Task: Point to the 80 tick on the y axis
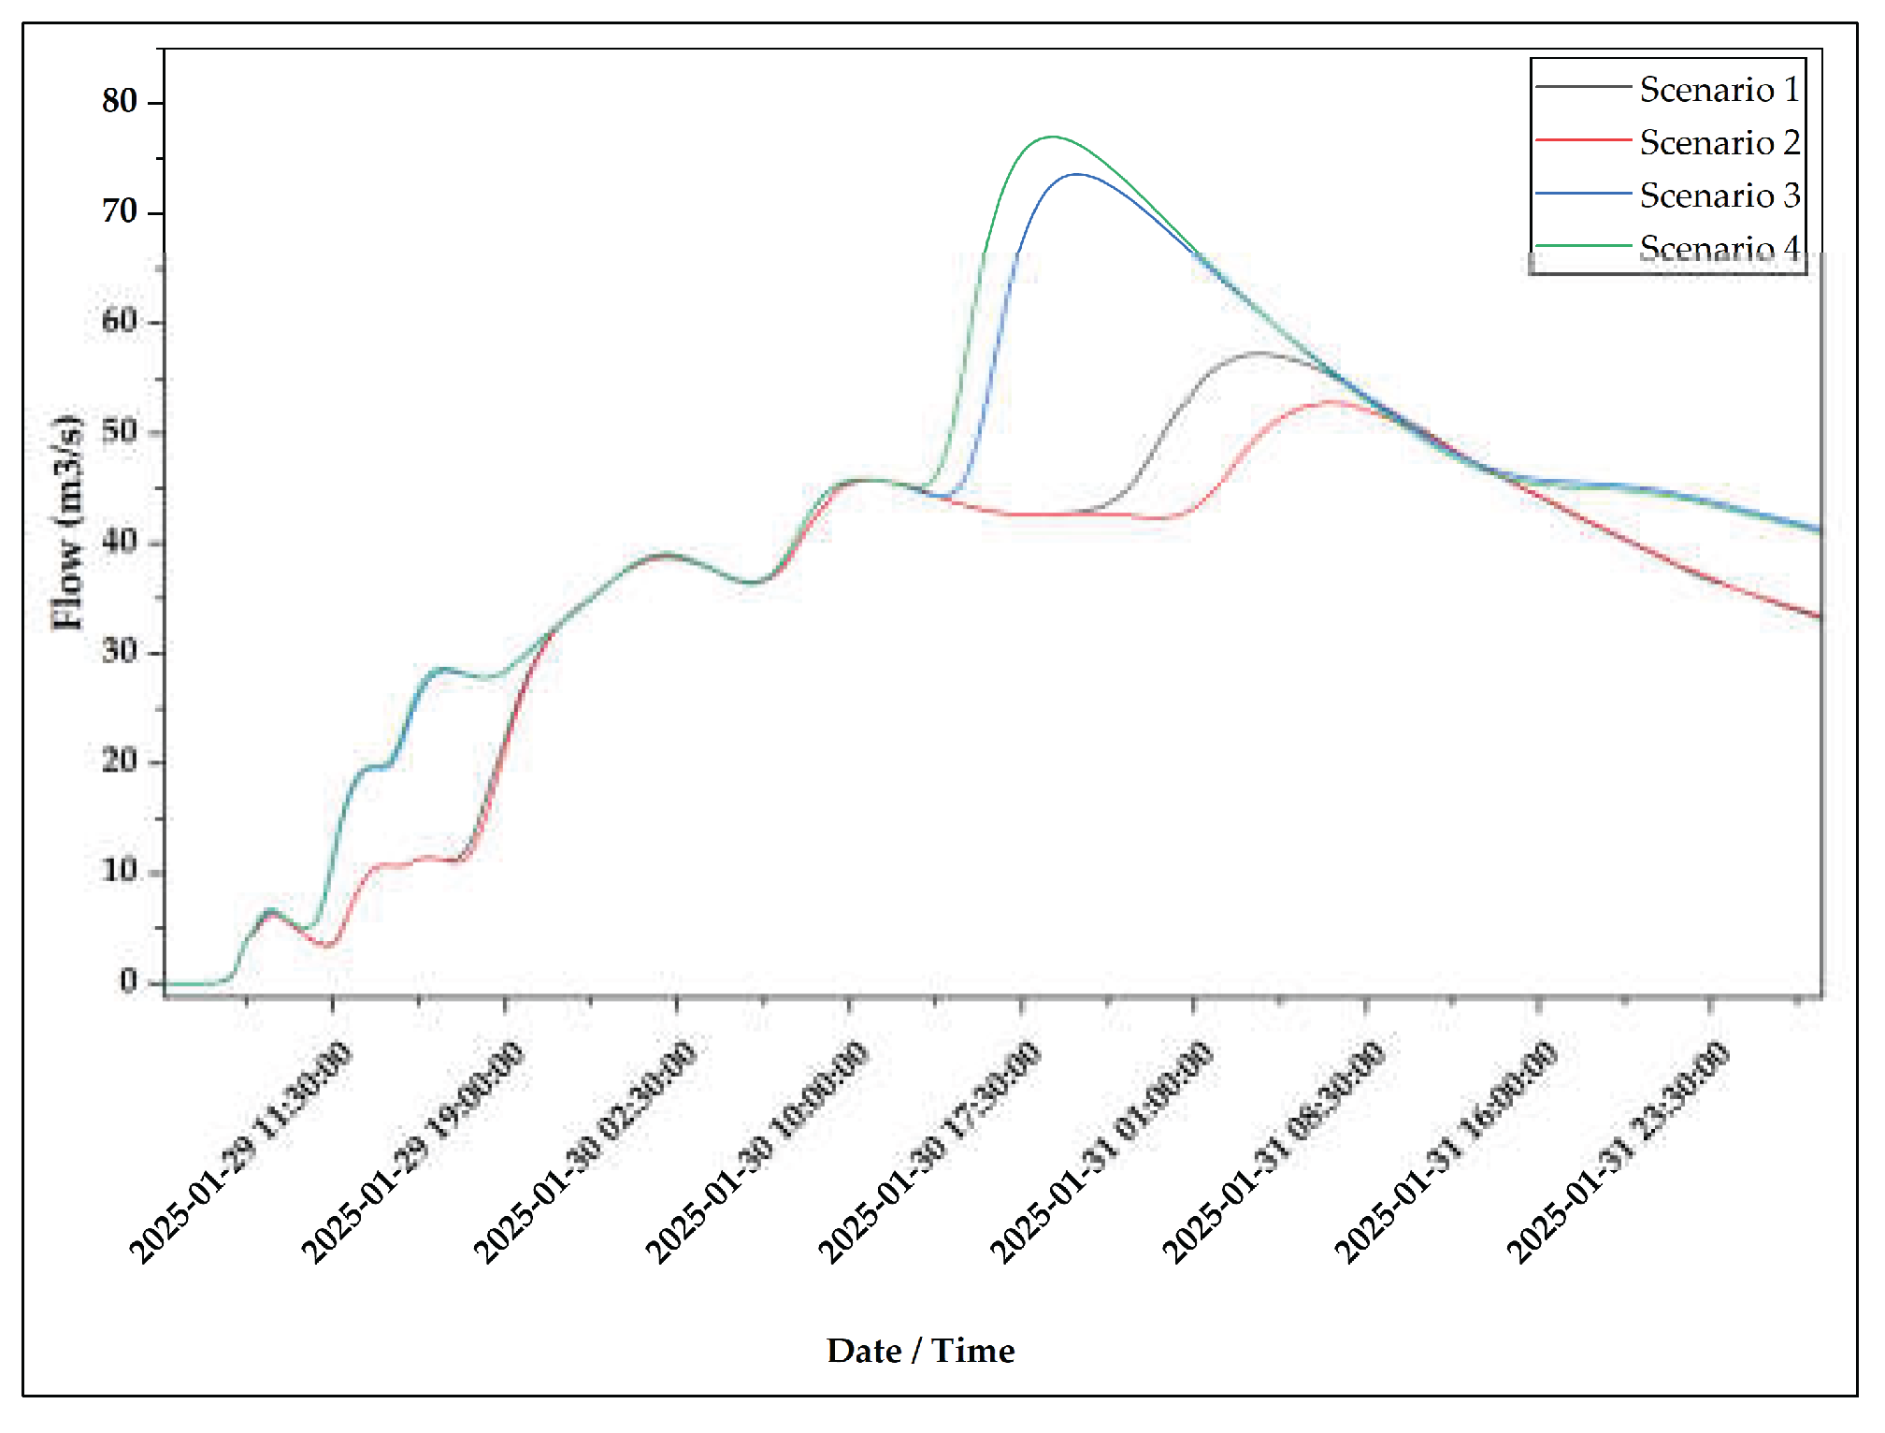click(120, 101)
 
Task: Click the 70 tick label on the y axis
click(120, 211)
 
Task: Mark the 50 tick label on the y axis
click(120, 431)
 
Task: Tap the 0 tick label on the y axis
click(128, 981)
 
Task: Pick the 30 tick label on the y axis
click(120, 651)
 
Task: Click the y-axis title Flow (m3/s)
click(67, 522)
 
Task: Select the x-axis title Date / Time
click(920, 1351)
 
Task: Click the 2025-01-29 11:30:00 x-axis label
click(241, 1152)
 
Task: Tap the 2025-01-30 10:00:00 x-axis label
click(757, 1152)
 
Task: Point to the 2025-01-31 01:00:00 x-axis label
click(1101, 1152)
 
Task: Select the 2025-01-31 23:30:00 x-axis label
click(1618, 1152)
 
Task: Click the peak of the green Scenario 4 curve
click(1053, 138)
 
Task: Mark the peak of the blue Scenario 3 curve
click(1077, 174)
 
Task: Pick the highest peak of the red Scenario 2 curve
click(1333, 401)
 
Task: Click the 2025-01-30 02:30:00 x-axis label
click(585, 1152)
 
